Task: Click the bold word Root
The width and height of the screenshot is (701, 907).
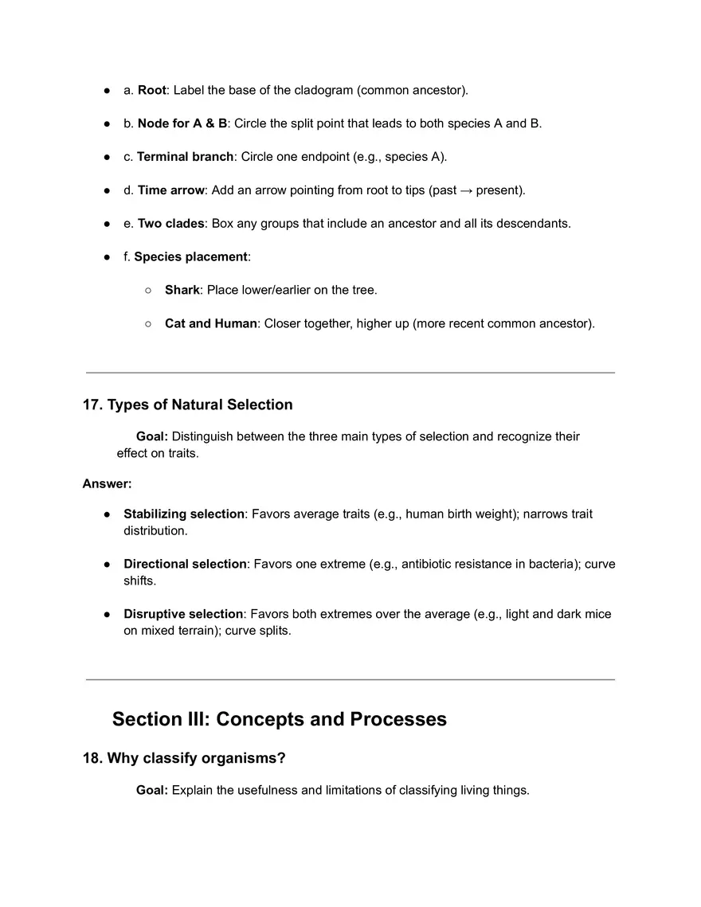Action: coord(151,90)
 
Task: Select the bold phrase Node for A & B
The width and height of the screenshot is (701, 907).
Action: coord(182,123)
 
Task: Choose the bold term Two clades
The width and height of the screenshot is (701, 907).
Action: coord(170,224)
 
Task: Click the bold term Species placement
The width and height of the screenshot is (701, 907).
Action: coord(190,257)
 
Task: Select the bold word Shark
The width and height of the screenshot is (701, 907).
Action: coord(182,291)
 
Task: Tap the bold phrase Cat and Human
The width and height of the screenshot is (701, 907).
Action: coord(210,324)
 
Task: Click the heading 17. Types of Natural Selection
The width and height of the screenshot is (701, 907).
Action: coord(187,405)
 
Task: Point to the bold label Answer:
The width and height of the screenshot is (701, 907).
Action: coord(107,483)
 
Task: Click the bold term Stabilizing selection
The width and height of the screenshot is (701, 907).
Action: coord(184,514)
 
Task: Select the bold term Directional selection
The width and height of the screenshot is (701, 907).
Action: coord(185,565)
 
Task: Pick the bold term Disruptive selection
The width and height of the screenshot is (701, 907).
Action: coord(183,615)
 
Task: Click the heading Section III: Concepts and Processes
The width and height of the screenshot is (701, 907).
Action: coord(279,719)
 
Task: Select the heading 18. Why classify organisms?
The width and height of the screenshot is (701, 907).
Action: coord(184,758)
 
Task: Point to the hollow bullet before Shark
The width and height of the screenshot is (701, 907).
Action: coord(148,291)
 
